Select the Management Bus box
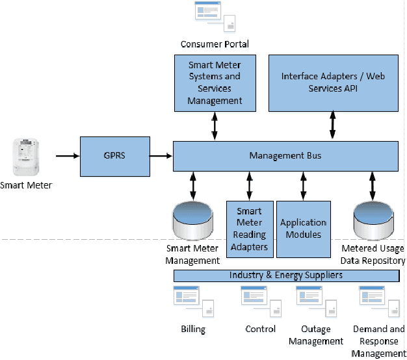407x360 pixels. [x=285, y=156]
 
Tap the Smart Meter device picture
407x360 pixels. [x=26, y=158]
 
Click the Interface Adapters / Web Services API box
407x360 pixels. [x=333, y=82]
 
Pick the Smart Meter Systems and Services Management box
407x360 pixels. [x=215, y=82]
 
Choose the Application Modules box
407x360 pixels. [x=303, y=228]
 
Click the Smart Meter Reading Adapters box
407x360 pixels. [x=250, y=228]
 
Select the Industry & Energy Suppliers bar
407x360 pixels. [x=285, y=276]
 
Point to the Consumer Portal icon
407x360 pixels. [x=215, y=16]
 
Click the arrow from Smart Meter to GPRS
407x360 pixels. [x=67, y=156]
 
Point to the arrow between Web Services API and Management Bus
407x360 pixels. [x=333, y=125]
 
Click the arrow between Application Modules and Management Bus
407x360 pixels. [x=303, y=186]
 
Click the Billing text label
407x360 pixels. [x=193, y=329]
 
